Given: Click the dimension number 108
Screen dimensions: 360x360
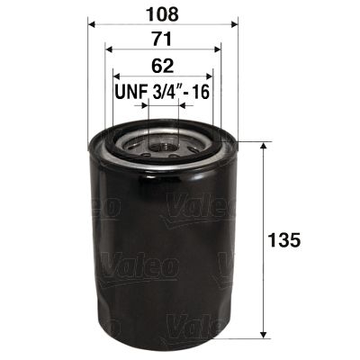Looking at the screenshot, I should tap(162, 14).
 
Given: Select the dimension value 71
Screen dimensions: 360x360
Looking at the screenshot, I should tap(162, 40).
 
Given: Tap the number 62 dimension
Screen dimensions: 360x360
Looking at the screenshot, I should tap(162, 66).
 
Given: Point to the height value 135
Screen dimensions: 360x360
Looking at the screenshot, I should tap(284, 240).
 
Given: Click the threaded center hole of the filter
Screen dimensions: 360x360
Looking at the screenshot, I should tap(162, 141).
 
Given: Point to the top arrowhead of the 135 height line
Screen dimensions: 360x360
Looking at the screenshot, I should tap(262, 144).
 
